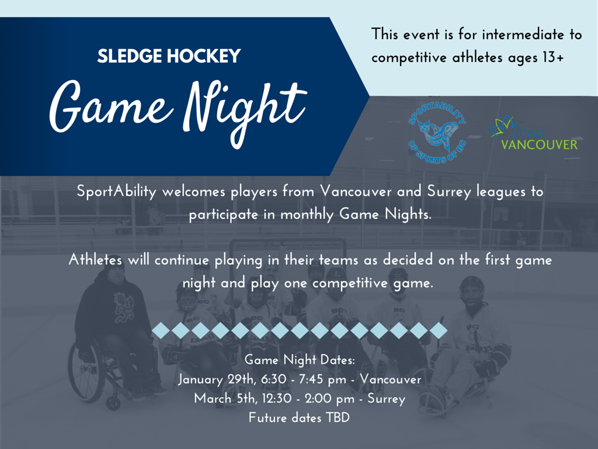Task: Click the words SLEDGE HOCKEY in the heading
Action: [169, 56]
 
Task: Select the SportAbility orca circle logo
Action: [437, 133]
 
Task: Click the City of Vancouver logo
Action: [534, 133]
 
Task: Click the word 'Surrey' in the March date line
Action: [387, 399]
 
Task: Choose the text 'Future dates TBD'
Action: [299, 417]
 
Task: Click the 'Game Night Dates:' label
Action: [300, 360]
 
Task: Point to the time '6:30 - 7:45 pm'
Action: [304, 379]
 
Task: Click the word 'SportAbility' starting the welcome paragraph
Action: [116, 191]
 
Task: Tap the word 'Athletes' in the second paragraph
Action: [95, 260]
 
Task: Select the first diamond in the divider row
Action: [161, 331]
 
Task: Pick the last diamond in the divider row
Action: [439, 331]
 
